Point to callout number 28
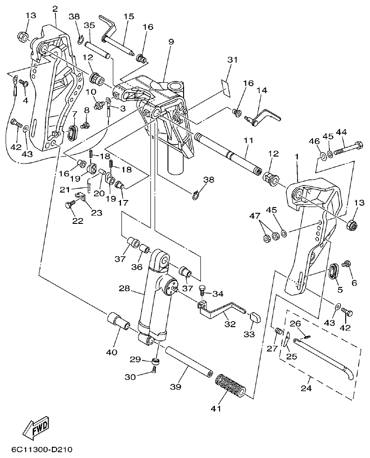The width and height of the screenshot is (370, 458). [x=124, y=289]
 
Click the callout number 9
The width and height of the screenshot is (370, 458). [x=171, y=42]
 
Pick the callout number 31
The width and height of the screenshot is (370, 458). [x=233, y=59]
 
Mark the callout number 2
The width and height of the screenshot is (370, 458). [x=55, y=8]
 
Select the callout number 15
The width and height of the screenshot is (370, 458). [x=128, y=16]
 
